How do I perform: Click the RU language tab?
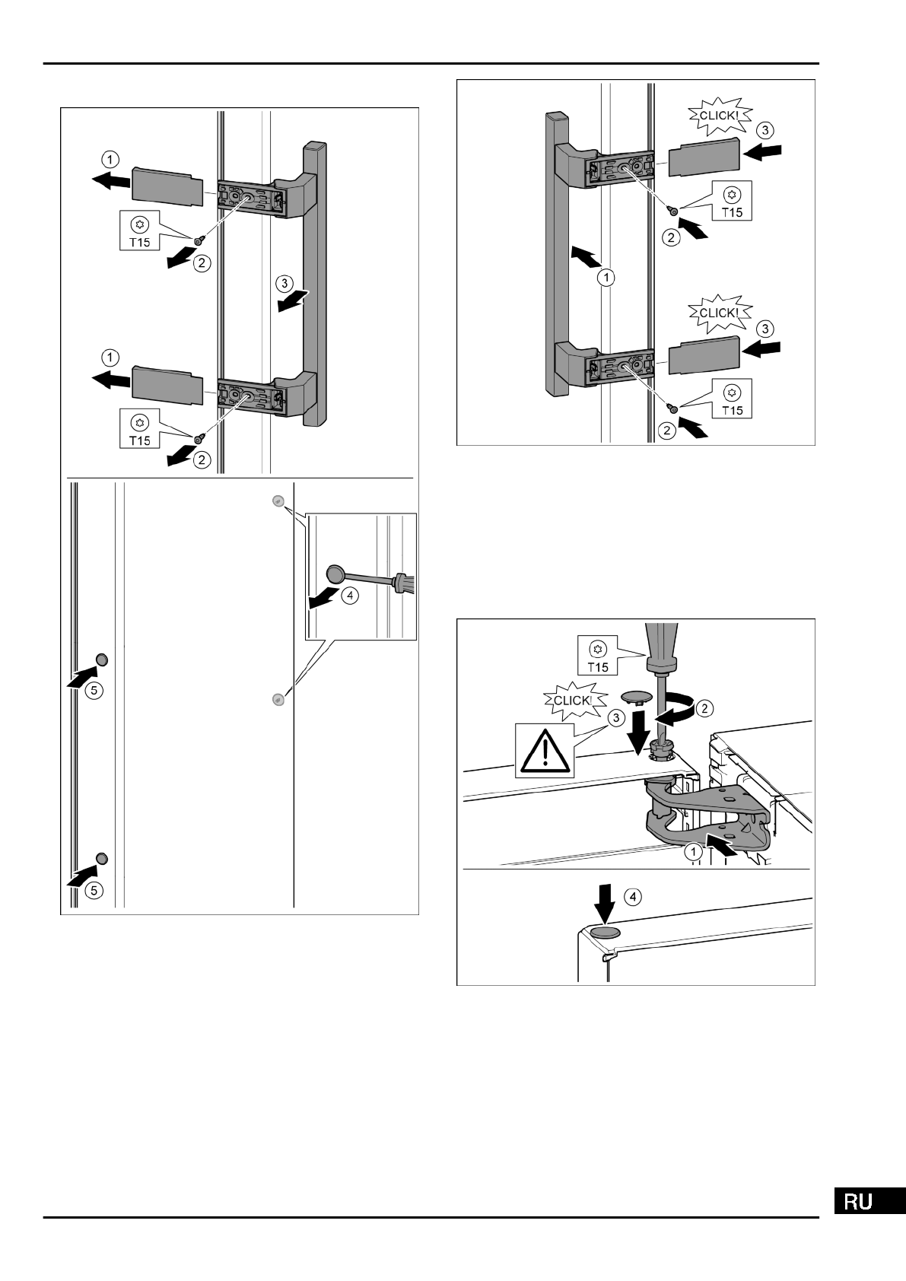click(x=869, y=1201)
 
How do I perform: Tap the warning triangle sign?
click(x=545, y=750)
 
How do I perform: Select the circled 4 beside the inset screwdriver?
click(x=350, y=596)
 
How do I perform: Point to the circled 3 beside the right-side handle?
click(x=282, y=284)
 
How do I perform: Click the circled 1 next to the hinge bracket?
click(x=693, y=853)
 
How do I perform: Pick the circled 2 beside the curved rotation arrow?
click(x=705, y=708)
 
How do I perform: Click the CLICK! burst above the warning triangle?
click(x=572, y=701)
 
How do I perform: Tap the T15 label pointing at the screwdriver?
click(x=599, y=657)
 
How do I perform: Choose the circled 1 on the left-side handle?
click(x=606, y=278)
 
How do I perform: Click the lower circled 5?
click(x=93, y=889)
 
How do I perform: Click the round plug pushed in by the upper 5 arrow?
click(x=101, y=660)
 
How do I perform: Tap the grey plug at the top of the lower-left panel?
click(x=278, y=501)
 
